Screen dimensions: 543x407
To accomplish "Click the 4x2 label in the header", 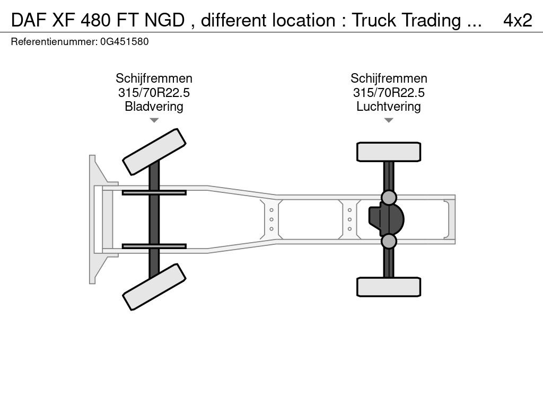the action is point(518,20).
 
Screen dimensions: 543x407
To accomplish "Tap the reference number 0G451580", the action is point(124,41).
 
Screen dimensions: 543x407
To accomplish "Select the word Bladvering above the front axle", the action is point(154,106).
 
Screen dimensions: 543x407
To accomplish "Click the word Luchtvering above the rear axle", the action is point(389,106).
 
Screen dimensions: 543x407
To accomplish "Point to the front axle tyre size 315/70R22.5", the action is point(154,92).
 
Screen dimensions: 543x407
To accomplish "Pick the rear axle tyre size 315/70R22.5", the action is point(389,92).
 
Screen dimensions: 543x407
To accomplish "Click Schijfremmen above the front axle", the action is point(154,78).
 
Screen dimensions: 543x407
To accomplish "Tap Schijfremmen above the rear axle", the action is point(389,78).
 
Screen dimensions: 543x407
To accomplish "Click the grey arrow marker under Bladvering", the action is point(154,120).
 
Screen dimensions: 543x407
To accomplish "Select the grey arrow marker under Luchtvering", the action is point(389,120).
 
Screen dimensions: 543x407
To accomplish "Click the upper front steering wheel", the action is point(154,152).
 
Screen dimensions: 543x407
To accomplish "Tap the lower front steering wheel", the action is point(154,287).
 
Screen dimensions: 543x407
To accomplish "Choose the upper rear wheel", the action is point(389,152).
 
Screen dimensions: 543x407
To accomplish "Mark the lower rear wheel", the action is point(389,287).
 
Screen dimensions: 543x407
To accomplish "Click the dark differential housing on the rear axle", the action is point(386,219).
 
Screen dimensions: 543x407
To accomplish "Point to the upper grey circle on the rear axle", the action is point(389,198).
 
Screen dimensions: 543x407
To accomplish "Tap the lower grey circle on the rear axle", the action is point(389,241).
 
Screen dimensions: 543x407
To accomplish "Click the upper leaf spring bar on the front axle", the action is point(154,192).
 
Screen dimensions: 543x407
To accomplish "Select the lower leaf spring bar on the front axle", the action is point(154,246).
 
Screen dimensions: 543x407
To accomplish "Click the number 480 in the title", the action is point(97,20).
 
